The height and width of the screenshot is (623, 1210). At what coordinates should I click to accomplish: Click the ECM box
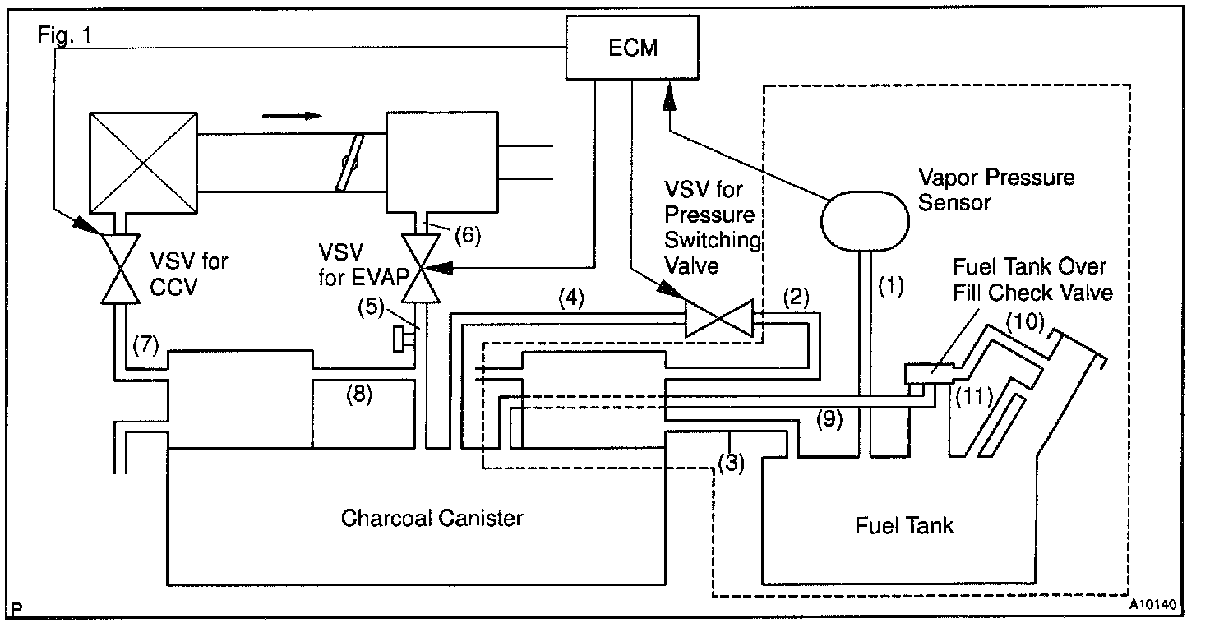632,48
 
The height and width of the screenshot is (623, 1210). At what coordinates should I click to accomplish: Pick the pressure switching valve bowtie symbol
719,319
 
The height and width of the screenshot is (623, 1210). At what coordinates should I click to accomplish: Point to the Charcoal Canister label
432,518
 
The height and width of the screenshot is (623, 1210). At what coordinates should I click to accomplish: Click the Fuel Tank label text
904,525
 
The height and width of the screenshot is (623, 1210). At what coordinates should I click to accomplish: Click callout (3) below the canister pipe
731,462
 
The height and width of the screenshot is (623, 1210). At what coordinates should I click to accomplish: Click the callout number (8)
357,395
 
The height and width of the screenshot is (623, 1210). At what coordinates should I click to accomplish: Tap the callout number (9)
830,418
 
